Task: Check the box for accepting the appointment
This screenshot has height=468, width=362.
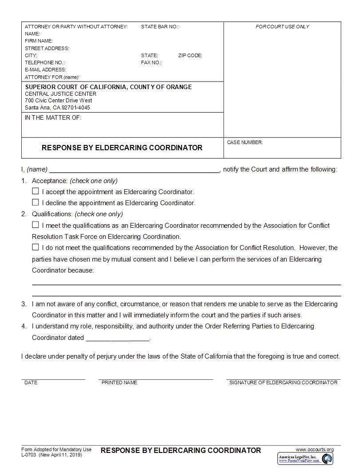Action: click(x=35, y=191)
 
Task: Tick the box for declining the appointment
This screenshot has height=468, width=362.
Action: click(x=35, y=203)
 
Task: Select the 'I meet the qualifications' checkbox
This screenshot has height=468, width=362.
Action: click(x=35, y=225)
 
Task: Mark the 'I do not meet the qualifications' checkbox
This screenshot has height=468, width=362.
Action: click(x=35, y=247)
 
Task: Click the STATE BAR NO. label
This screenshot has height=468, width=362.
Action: click(x=160, y=27)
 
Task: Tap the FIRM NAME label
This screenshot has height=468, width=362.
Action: click(x=39, y=41)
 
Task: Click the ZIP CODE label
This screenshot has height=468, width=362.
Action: click(x=190, y=55)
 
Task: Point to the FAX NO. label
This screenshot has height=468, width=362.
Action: click(x=151, y=62)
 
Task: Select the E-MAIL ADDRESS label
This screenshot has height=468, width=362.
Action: click(x=45, y=70)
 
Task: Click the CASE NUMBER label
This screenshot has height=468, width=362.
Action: click(x=245, y=142)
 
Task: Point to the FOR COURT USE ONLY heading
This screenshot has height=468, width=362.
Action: click(x=282, y=27)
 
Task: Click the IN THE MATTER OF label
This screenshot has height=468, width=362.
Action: click(x=53, y=118)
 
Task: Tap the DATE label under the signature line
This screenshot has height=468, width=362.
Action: click(x=31, y=382)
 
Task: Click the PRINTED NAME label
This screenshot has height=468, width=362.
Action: click(x=119, y=382)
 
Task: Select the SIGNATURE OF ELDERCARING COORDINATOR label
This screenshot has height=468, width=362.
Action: click(x=283, y=382)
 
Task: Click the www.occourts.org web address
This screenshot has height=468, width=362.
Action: click(x=315, y=449)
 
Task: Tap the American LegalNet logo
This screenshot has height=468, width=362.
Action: click(x=305, y=459)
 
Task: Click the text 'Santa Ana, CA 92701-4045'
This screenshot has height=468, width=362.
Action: click(x=57, y=107)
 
